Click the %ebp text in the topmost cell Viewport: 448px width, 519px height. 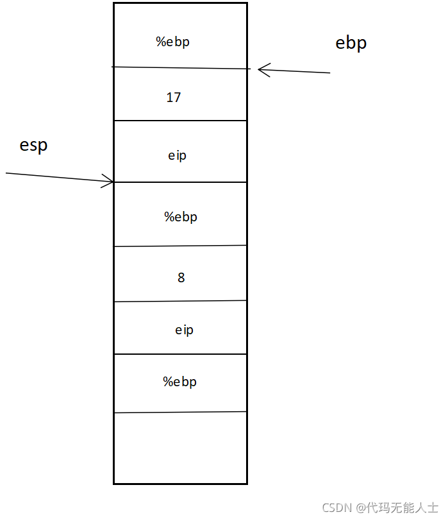pyautogui.click(x=173, y=42)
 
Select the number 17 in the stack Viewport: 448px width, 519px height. pyautogui.click(x=173, y=98)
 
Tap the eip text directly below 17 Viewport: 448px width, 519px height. pyautogui.click(x=177, y=156)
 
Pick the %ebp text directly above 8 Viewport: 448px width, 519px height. pyautogui.click(x=181, y=217)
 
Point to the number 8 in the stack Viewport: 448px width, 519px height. pyautogui.click(x=181, y=278)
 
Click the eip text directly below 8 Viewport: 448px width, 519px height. pyautogui.click(x=184, y=330)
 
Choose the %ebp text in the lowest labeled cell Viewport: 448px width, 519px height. pyautogui.click(x=179, y=382)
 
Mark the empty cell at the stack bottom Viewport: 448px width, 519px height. pyautogui.click(x=180, y=448)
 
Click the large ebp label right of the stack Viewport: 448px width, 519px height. pyautogui.click(x=351, y=43)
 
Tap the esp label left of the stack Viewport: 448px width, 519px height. pyautogui.click(x=34, y=145)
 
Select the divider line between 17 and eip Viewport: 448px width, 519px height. pyautogui.click(x=180, y=121)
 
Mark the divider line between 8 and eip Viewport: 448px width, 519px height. pyautogui.click(x=180, y=301)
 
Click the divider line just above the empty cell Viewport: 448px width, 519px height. pyautogui.click(x=180, y=413)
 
